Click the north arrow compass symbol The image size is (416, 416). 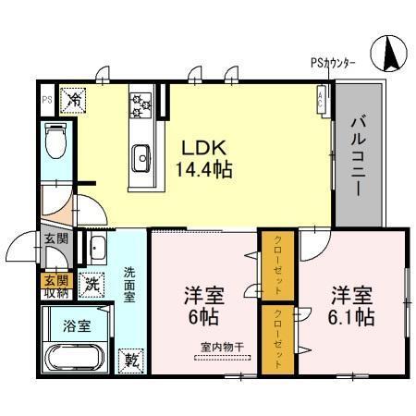[x=388, y=56]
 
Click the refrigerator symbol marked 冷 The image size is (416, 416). [x=72, y=97]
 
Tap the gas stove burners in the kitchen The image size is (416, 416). [x=141, y=103]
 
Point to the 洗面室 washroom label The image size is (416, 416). [x=130, y=285]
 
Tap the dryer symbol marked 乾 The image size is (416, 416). [x=130, y=360]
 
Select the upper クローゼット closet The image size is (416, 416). [x=277, y=263]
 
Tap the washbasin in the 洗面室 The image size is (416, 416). [x=98, y=246]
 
